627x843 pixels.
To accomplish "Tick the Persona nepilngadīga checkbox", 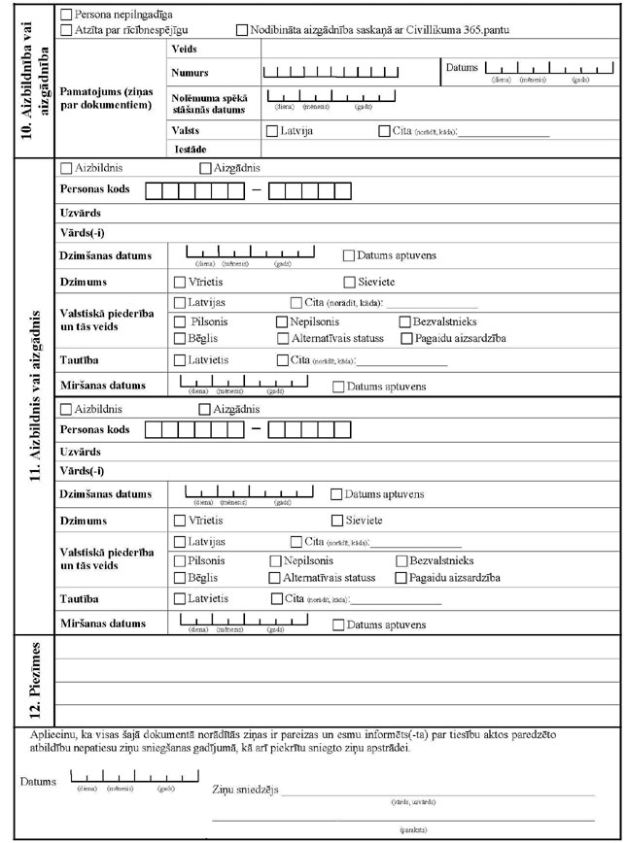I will (65, 17).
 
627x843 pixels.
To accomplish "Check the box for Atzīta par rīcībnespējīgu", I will (65, 31).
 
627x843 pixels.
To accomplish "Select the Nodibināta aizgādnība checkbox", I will (242, 31).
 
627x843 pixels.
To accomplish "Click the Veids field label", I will (183, 49).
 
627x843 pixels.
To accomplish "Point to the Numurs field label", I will (190, 73).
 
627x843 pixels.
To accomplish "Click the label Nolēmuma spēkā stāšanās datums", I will (202, 104).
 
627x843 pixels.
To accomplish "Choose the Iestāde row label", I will (189, 149).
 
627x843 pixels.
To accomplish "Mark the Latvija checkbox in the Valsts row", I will (270, 130).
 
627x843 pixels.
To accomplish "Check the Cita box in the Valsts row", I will (385, 130).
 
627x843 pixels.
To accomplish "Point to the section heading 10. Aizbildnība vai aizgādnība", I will (31, 80).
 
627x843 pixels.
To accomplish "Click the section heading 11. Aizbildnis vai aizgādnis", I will (31, 398).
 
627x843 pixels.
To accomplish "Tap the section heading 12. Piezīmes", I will (31, 675).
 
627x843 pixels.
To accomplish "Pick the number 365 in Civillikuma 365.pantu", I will (472, 31).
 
